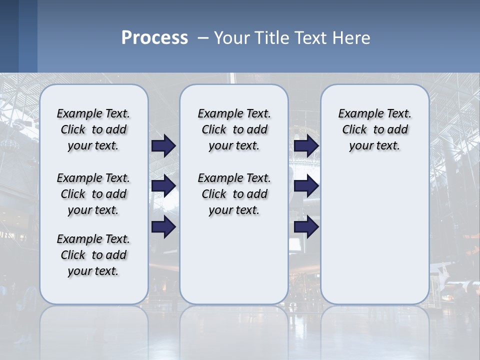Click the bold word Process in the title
click(154, 38)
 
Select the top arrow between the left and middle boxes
click(163, 146)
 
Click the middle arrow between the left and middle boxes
click(163, 186)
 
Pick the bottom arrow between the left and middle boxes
click(163, 226)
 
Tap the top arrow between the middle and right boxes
click(306, 146)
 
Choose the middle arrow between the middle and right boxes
click(306, 186)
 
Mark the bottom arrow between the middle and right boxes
click(306, 226)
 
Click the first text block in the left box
click(93, 129)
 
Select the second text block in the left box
click(93, 194)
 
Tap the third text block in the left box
click(93, 255)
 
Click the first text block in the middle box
click(234, 129)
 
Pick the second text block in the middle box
click(234, 194)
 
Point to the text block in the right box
click(374, 129)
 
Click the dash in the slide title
click(203, 38)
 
